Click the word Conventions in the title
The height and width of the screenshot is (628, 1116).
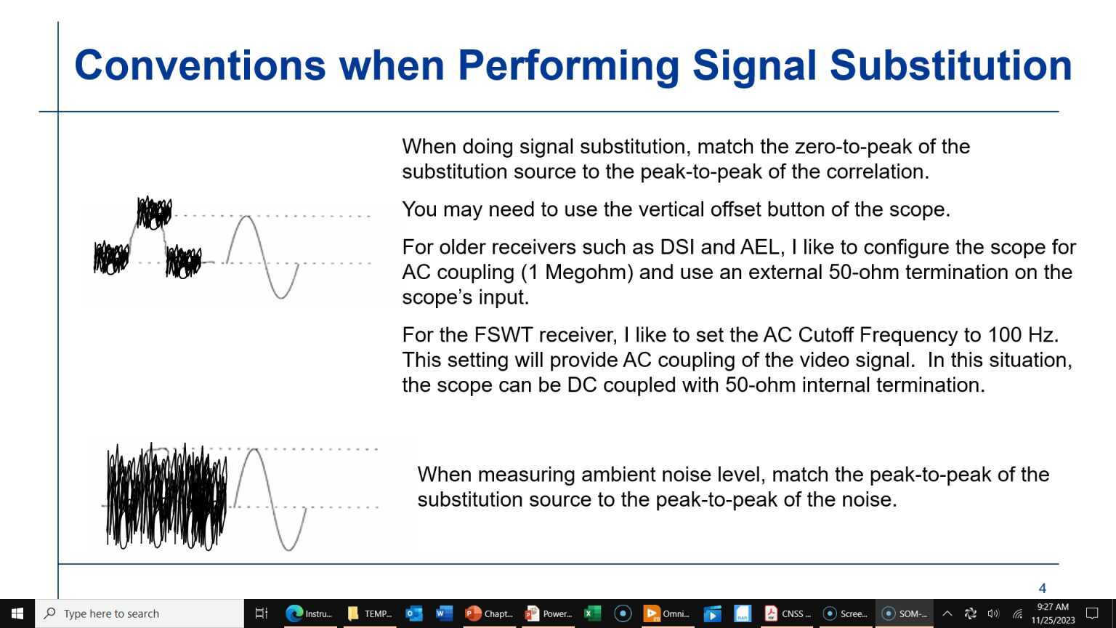tap(200, 65)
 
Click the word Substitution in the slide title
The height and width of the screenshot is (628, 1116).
tap(950, 65)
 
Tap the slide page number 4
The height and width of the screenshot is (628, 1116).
tap(1043, 588)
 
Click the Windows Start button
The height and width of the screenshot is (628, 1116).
tap(17, 613)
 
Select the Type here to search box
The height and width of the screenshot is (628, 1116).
tap(139, 613)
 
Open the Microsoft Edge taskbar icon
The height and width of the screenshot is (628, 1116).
tap(294, 613)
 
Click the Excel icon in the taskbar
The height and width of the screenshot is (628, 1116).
tap(592, 613)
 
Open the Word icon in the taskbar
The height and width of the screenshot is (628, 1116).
tap(443, 613)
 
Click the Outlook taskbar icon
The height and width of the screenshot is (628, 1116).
tap(413, 613)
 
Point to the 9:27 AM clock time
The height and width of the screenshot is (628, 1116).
tap(1053, 607)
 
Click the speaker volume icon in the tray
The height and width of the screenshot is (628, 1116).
tap(993, 613)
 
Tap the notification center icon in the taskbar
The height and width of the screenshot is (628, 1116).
tap(1092, 613)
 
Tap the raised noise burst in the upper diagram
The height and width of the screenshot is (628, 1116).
tap(155, 213)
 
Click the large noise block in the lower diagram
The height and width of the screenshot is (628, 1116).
tap(167, 496)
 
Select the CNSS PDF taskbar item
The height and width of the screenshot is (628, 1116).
tap(787, 613)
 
